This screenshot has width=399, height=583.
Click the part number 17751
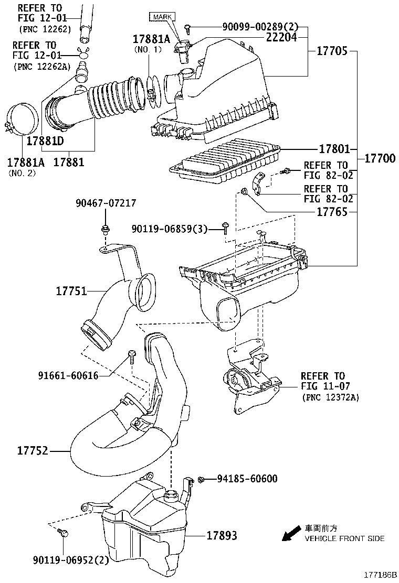[72, 290]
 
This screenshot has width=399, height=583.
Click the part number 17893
[222, 535]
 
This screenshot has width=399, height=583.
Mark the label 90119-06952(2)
[77, 560]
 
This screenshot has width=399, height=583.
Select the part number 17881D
[45, 141]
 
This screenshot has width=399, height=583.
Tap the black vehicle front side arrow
[290, 534]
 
